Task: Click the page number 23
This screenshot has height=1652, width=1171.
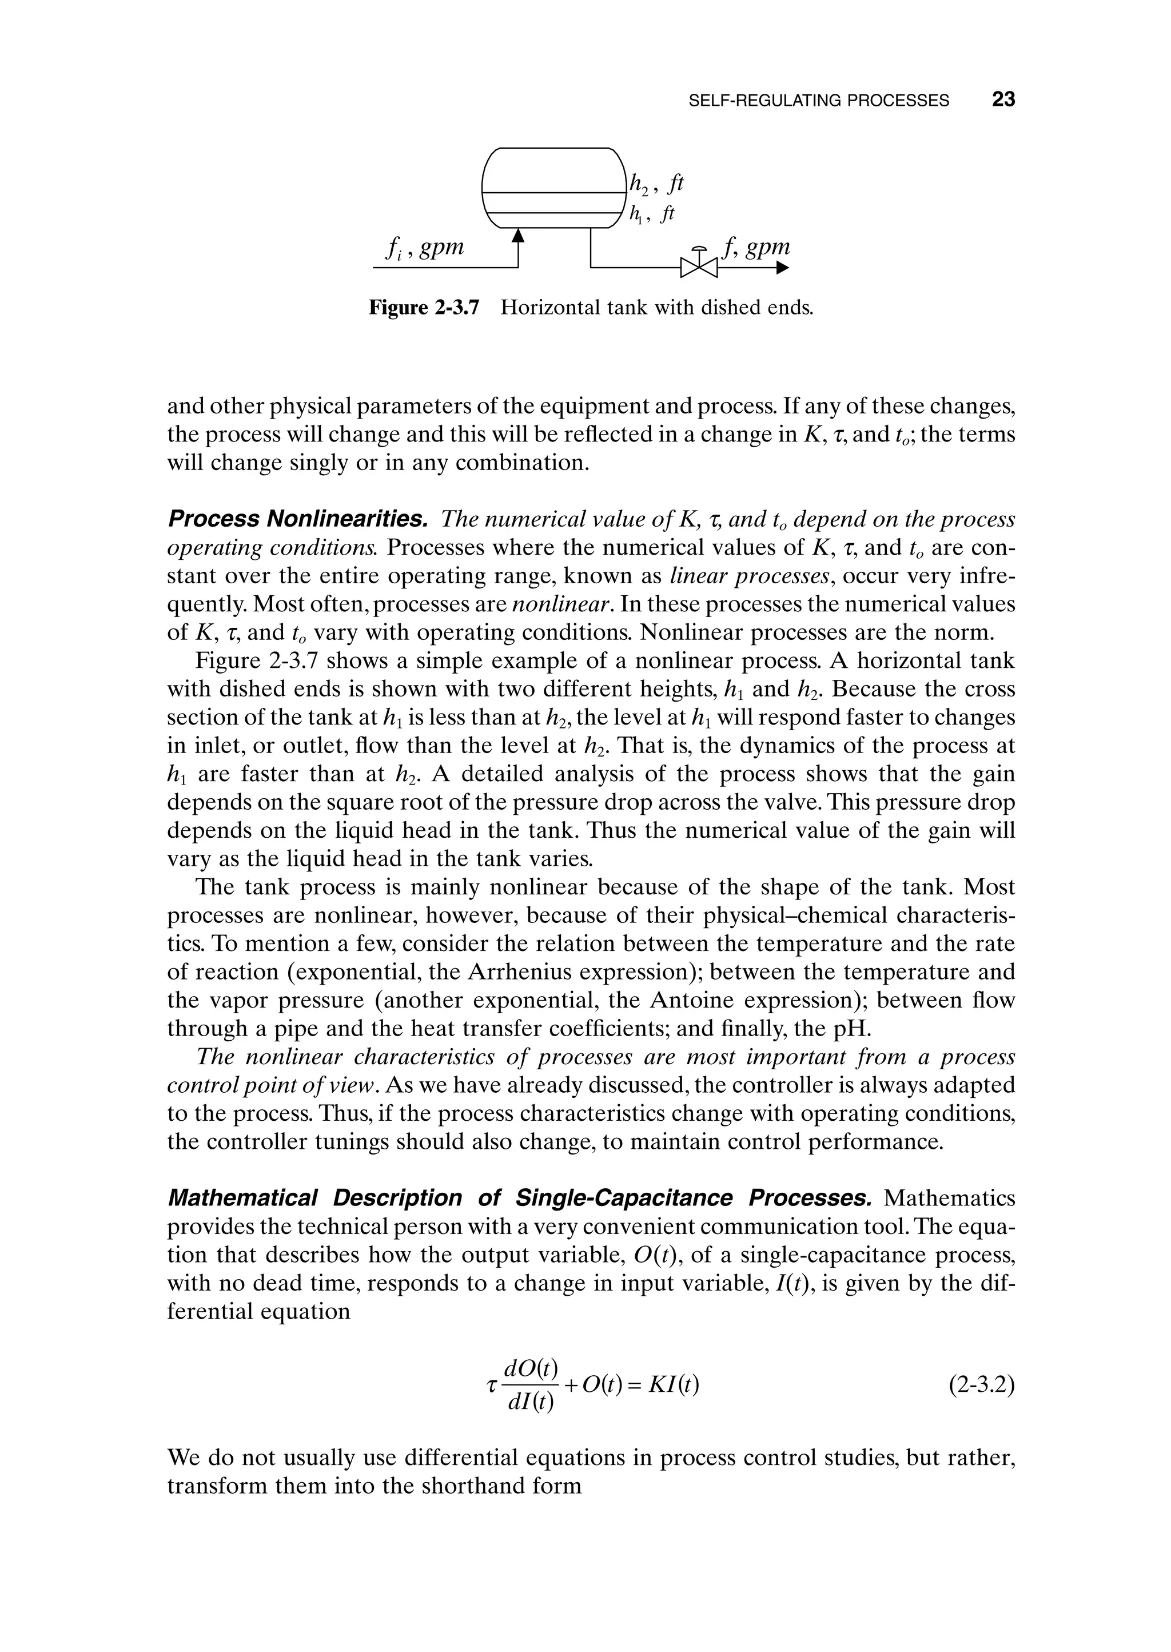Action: click(1003, 99)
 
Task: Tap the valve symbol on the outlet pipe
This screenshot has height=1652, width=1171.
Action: click(699, 268)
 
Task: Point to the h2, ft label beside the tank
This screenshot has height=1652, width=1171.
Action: click(655, 185)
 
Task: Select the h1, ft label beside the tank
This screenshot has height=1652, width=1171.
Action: click(652, 214)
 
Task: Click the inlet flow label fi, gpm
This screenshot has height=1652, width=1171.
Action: click(425, 248)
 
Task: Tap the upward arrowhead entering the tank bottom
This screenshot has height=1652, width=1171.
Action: click(517, 235)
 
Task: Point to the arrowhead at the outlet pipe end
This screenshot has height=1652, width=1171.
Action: click(782, 268)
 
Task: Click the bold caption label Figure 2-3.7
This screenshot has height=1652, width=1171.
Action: click(424, 308)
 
